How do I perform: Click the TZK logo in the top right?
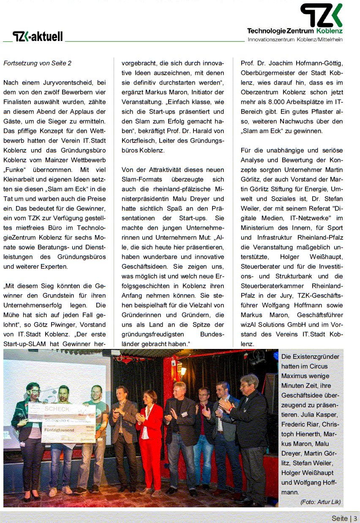point(321,16)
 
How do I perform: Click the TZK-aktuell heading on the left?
point(38,37)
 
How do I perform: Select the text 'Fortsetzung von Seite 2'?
point(37,63)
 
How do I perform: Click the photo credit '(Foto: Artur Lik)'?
point(320,502)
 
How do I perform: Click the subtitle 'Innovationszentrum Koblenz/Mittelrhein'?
point(295,39)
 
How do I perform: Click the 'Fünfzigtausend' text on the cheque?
point(59,429)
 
